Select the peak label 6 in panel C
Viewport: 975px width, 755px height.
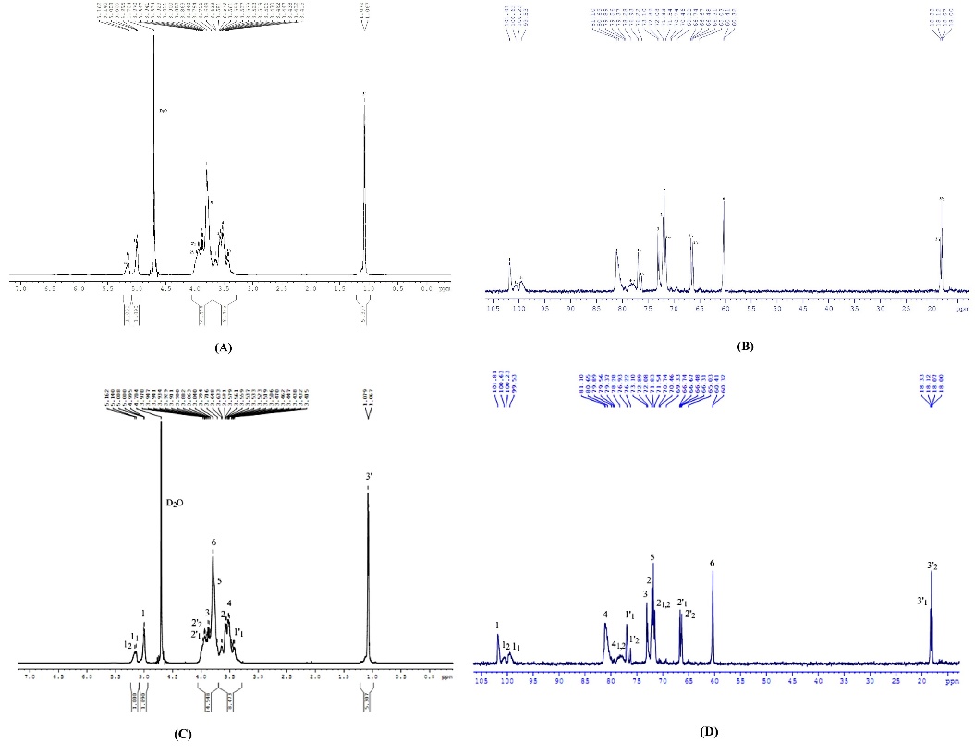pyautogui.click(x=213, y=542)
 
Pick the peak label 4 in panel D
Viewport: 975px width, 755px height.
pyautogui.click(x=605, y=614)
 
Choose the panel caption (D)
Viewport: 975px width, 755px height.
pyautogui.click(x=710, y=731)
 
